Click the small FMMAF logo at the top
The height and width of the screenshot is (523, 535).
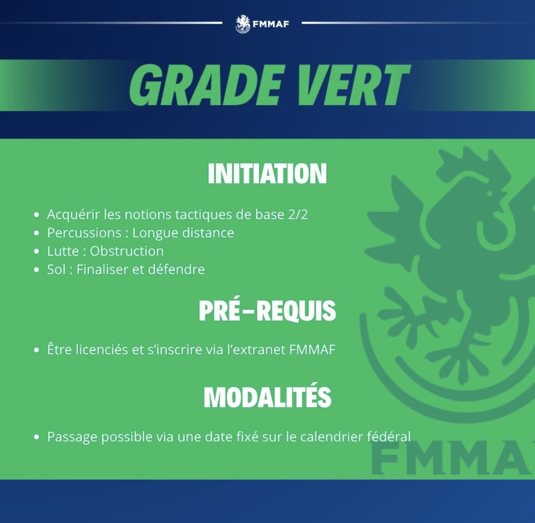262,23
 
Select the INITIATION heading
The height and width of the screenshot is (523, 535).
267,174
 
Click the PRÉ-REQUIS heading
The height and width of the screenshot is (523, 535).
267,310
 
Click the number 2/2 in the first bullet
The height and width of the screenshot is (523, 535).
298,214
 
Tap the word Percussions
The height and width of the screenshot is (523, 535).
84,233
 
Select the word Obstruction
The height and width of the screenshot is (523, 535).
127,251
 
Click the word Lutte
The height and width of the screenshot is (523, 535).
63,251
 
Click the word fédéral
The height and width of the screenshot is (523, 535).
389,437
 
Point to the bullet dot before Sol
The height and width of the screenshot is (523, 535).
37,270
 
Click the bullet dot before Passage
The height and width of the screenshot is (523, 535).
37,438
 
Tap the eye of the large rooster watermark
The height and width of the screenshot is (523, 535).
490,193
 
